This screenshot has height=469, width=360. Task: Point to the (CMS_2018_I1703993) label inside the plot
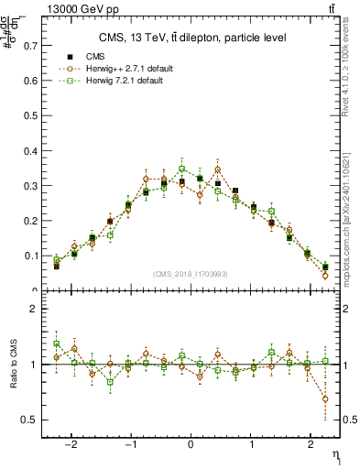tap(191, 274)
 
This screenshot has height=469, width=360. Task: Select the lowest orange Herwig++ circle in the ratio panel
tap(325, 398)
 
